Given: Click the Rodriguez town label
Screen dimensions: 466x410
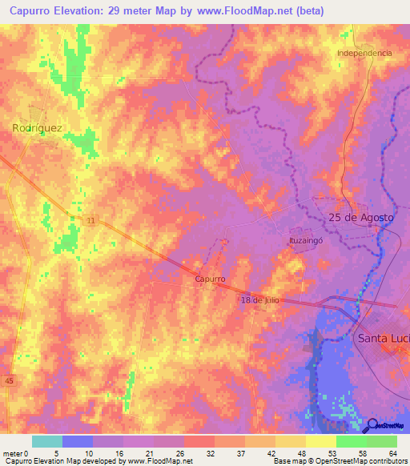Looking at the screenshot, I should (x=37, y=127).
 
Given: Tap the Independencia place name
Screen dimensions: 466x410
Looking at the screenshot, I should (x=364, y=53).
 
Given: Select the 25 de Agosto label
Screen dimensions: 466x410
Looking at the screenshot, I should (x=361, y=218).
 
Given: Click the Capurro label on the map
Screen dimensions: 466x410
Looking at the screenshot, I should (x=210, y=279).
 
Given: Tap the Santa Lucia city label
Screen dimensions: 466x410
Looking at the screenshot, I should (x=383, y=338).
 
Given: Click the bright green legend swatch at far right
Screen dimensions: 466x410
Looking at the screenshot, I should (x=382, y=441).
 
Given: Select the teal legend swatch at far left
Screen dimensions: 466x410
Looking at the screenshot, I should (x=47, y=441).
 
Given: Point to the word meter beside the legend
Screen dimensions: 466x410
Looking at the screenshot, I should (x=13, y=452).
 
